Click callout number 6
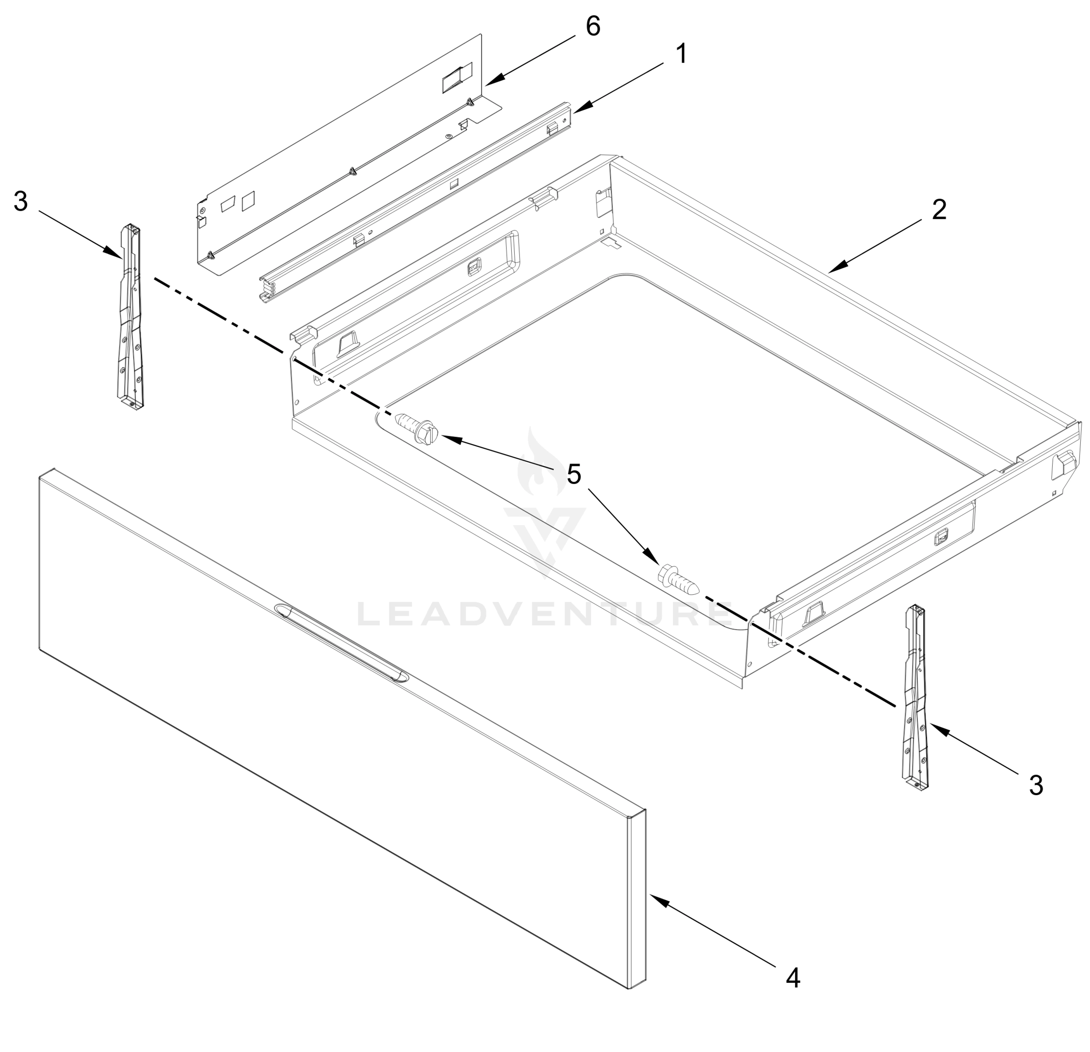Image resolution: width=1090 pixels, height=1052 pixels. pos(593,26)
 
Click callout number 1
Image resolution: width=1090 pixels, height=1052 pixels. pos(681,54)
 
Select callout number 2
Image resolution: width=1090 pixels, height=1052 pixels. pos(939,210)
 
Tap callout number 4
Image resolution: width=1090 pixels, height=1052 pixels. pos(793,977)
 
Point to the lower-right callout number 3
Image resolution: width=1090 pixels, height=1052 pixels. pos(1036,785)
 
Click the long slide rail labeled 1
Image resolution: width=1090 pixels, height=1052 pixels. pos(417,200)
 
